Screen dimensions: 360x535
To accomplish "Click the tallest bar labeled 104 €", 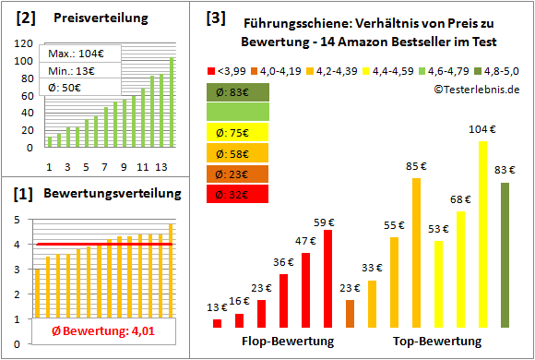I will (482, 234).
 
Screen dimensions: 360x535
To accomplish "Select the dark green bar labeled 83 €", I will (505, 255).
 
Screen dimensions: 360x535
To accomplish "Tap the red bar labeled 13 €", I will (217, 323).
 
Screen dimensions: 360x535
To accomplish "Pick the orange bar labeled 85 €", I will (416, 252).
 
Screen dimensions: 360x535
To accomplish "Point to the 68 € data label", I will (460, 198).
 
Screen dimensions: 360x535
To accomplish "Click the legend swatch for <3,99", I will (212, 70).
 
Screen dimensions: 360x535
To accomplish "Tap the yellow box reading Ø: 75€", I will (238, 132).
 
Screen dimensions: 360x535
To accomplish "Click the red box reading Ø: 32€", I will (238, 194).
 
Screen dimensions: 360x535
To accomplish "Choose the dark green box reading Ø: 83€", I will (238, 91).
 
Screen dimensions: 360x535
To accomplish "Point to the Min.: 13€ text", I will (74, 70).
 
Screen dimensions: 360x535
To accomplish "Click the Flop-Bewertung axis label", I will (287, 342).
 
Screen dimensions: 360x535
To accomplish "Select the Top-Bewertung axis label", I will (437, 342).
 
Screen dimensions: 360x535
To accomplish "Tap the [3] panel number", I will (215, 17).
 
